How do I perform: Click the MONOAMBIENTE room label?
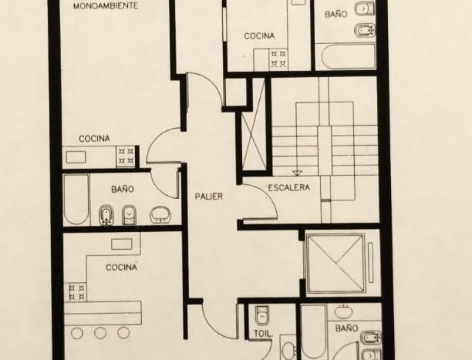pos(106,6)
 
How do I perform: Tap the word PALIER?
pos(208,197)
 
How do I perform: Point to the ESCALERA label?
pos(288,188)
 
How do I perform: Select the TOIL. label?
pos(264,334)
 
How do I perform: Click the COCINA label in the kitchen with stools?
pos(121,267)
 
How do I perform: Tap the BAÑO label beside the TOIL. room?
pos(346,328)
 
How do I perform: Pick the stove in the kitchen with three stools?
pos(77,292)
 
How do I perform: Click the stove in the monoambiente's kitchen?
pos(126,156)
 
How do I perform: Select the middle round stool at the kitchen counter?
pos(100,333)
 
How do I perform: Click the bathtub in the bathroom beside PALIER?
pos(77,200)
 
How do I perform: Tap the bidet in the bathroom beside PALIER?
pos(106,215)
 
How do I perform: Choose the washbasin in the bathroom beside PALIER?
pos(160,214)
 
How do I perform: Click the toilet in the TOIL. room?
pos(262,315)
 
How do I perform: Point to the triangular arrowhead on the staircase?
pos(297,173)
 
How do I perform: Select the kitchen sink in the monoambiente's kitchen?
pos(76,157)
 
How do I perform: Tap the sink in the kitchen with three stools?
pos(122,244)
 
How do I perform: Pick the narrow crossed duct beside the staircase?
pos(254,140)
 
